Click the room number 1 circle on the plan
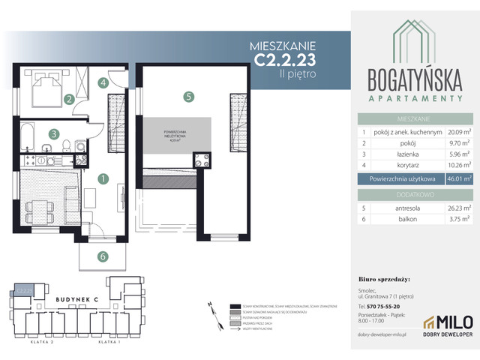(103, 178)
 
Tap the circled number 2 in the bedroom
(68, 98)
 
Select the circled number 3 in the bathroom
(54, 135)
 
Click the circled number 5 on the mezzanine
(190, 96)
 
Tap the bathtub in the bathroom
(29, 135)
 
